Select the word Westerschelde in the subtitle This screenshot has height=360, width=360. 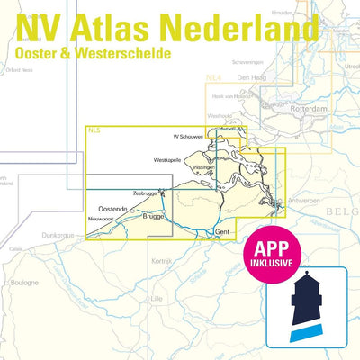[140, 56]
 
